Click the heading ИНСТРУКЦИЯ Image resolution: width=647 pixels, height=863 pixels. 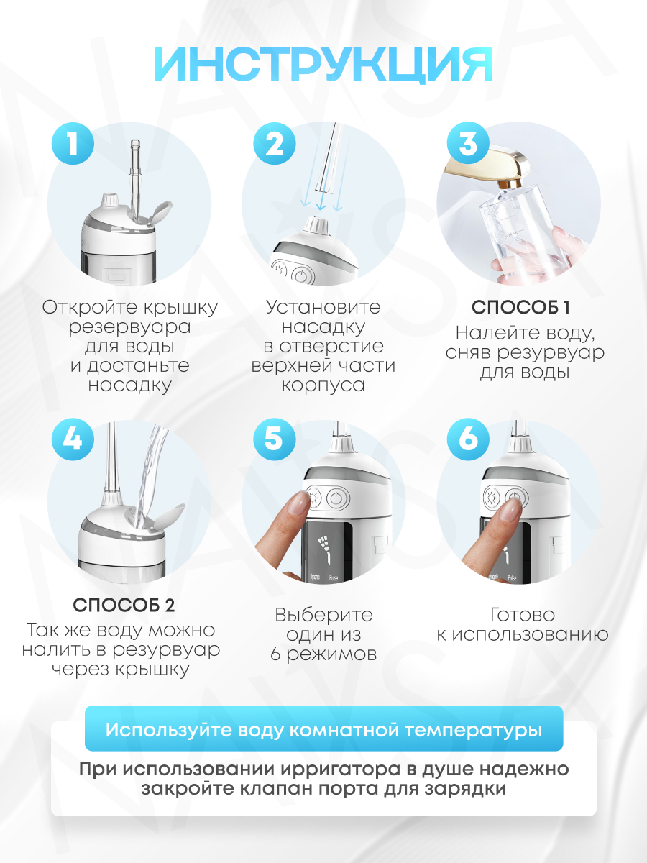(323, 64)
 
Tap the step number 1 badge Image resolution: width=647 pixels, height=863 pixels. (73, 143)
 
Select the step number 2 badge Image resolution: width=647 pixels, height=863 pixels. (274, 143)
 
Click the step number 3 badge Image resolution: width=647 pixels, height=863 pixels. (468, 143)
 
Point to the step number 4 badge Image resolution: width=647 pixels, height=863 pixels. (73, 439)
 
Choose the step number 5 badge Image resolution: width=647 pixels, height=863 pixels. (274, 439)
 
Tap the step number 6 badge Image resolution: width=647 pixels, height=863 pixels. (468, 439)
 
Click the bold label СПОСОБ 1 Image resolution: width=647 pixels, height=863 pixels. (520, 308)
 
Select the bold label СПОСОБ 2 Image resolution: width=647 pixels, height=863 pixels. (124, 605)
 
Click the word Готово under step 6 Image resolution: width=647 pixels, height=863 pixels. (523, 615)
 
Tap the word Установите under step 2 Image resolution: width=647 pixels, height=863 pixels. (323, 308)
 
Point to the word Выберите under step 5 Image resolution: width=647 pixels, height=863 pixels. (323, 615)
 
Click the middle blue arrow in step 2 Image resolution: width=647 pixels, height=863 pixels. (322, 201)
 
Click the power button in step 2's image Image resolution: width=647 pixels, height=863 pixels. (300, 276)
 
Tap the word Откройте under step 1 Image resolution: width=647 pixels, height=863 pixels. (89, 308)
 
